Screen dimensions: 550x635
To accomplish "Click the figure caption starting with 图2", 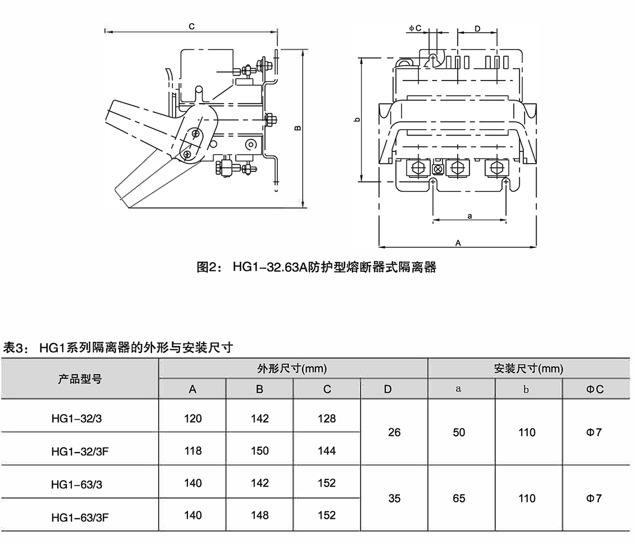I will [316, 267].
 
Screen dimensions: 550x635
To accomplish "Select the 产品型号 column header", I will [79, 378].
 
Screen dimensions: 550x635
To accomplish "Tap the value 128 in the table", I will [327, 419].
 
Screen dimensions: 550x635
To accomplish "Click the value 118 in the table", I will [193, 451].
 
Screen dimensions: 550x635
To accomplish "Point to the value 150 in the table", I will [259, 451].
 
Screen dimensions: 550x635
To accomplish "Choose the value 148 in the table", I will [259, 515].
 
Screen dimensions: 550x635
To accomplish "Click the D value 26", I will [394, 432].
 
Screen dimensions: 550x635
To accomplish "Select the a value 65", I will [459, 499].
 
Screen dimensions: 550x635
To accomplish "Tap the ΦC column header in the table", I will [595, 389].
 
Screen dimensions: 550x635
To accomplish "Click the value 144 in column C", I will [327, 451].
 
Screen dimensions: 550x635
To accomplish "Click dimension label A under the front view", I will [458, 242].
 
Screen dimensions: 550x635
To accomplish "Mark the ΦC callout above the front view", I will [415, 28].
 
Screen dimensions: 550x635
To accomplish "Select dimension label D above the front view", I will [477, 29].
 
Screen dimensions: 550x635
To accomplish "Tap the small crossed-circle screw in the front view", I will [438, 169].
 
